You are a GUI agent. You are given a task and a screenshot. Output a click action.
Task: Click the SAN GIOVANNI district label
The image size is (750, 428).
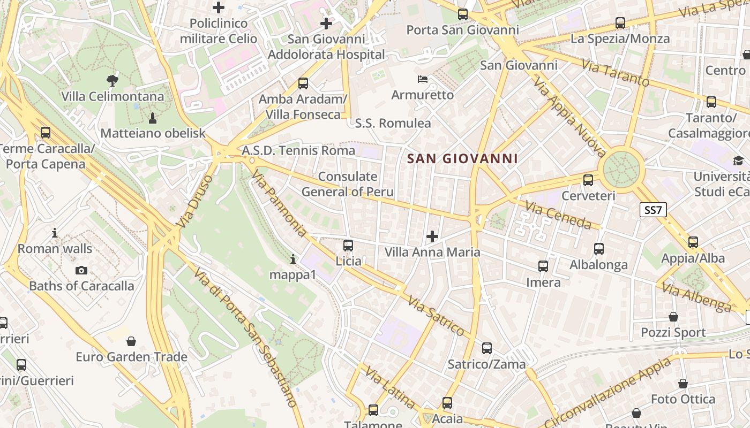point(462,158)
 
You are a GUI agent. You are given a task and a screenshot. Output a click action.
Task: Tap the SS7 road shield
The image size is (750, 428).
point(653,210)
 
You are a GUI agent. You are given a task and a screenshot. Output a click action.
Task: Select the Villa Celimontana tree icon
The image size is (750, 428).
point(112,81)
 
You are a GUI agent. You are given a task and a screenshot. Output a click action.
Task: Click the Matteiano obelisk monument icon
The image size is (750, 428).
point(153,117)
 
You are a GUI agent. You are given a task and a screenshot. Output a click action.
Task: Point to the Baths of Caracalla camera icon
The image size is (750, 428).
point(81,270)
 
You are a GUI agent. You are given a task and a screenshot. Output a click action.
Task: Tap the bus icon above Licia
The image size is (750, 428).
point(348,246)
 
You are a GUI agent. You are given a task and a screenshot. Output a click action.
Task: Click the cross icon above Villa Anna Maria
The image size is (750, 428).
point(432,236)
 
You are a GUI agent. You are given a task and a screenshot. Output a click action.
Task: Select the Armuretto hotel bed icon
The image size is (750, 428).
point(423,79)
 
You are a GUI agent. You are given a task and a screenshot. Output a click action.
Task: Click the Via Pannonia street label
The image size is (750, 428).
point(279,204)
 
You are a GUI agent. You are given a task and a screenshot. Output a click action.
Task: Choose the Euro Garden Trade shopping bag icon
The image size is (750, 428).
point(131,341)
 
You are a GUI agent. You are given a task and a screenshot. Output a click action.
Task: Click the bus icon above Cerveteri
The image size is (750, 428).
point(588,180)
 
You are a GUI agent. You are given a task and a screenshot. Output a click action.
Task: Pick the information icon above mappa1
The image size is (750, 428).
point(292,259)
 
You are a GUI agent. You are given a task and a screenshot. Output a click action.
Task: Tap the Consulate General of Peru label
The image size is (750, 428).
point(348,184)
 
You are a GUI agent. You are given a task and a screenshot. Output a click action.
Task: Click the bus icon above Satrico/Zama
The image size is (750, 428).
point(487,348)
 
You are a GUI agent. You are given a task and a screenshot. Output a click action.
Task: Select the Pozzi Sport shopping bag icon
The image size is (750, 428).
point(673,317)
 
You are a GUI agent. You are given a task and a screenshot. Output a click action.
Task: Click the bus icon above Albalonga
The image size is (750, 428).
point(599,249)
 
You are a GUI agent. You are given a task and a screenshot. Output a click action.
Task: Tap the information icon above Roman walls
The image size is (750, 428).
point(55,233)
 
